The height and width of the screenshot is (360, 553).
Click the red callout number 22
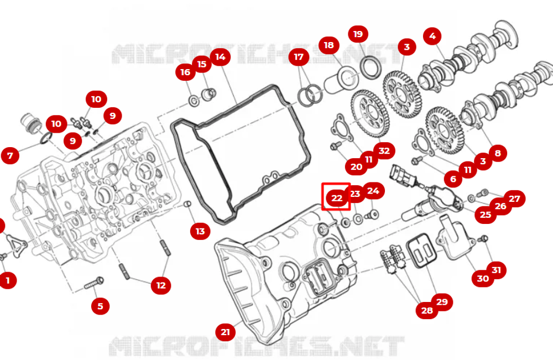(x=337, y=198)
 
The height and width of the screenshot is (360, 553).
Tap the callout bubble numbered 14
(x=220, y=57)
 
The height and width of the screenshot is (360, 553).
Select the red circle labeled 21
(x=226, y=332)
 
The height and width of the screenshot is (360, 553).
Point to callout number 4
(x=432, y=36)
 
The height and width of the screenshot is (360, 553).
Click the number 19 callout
(x=358, y=34)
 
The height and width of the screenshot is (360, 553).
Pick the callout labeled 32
(x=384, y=151)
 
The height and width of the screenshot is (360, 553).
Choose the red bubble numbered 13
(x=200, y=231)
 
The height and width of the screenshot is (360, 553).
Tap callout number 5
(x=100, y=306)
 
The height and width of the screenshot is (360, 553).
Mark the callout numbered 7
(x=10, y=155)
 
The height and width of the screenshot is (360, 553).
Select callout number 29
(x=442, y=302)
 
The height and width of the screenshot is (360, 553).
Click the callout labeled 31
(x=496, y=270)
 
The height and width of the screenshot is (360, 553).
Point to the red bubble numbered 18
(x=328, y=45)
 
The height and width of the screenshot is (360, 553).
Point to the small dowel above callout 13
(x=187, y=204)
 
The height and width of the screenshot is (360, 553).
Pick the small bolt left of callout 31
(x=483, y=239)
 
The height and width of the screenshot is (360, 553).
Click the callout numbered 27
(x=514, y=199)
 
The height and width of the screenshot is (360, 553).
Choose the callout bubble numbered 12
(x=161, y=285)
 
